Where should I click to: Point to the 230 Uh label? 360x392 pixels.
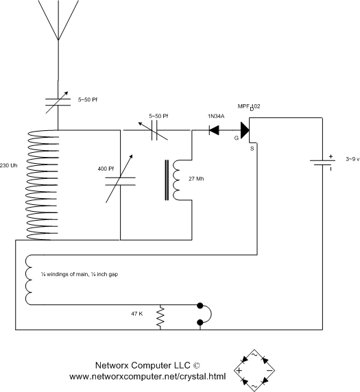click(x=10, y=166)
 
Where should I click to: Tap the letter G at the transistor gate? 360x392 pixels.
click(x=237, y=138)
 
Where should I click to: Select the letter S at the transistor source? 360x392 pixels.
click(x=252, y=147)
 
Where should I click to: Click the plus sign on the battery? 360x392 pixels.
click(x=331, y=156)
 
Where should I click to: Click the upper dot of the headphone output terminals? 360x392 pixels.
click(x=200, y=306)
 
